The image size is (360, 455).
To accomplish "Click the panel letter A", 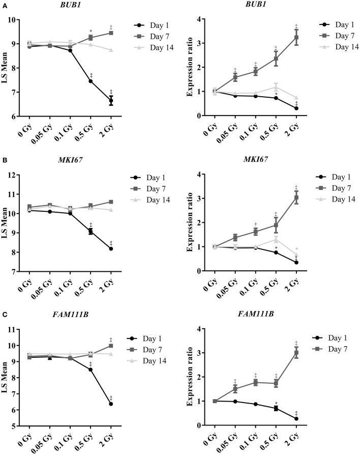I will tap(4, 4).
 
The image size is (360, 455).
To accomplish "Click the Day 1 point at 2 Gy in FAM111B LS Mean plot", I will tap(111, 404).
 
